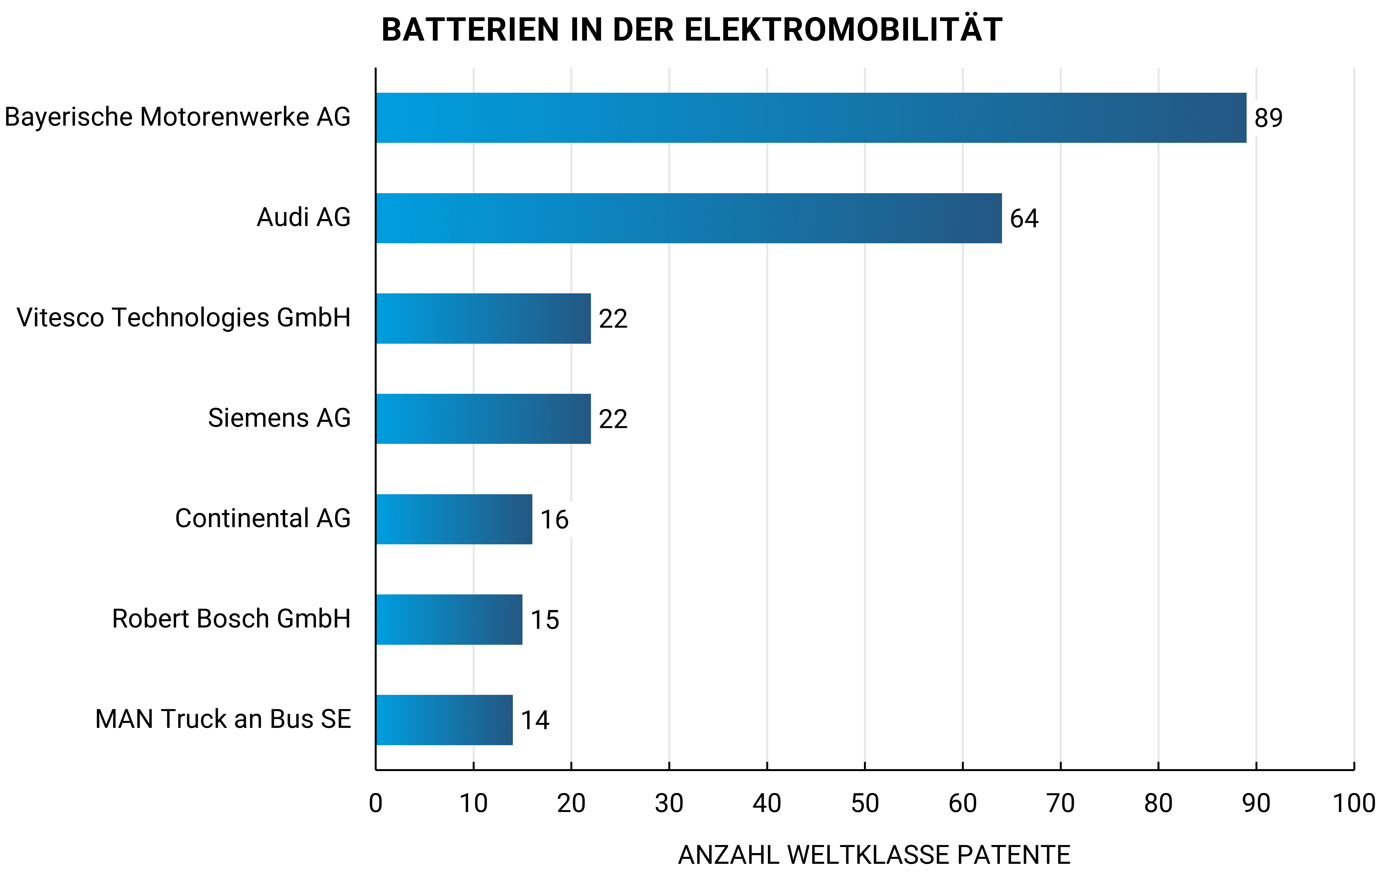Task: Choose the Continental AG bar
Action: pyautogui.click(x=454, y=519)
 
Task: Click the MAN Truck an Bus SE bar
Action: pyautogui.click(x=444, y=720)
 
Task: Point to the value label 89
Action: pyautogui.click(x=1268, y=118)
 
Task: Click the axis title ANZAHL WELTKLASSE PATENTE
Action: pyautogui.click(x=874, y=855)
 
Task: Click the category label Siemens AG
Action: pyautogui.click(x=279, y=418)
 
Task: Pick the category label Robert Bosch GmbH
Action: pyautogui.click(x=231, y=618)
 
